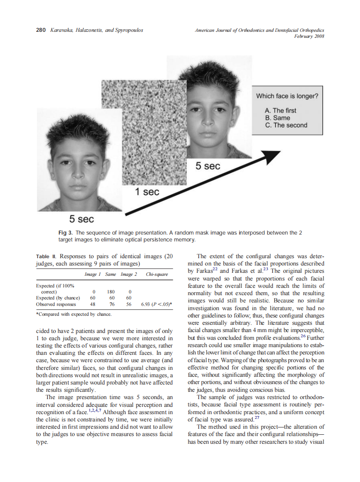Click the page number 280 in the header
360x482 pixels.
[40, 30]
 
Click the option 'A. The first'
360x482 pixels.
[280, 110]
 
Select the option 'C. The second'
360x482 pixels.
[286, 125]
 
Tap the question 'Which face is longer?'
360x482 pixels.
[287, 96]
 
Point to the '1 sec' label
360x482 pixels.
[147, 192]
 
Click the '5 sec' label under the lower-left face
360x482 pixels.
[81, 219]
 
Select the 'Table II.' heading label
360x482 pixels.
[47, 256]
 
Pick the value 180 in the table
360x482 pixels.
[111, 291]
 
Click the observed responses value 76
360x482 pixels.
[111, 304]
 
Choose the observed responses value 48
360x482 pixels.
[92, 304]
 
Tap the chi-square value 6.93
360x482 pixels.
[146, 304]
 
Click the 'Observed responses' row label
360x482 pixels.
[56, 304]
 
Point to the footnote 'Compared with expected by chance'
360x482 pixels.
[75, 314]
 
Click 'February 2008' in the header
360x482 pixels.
[308, 36]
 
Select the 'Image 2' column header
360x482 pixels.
[128, 274]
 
